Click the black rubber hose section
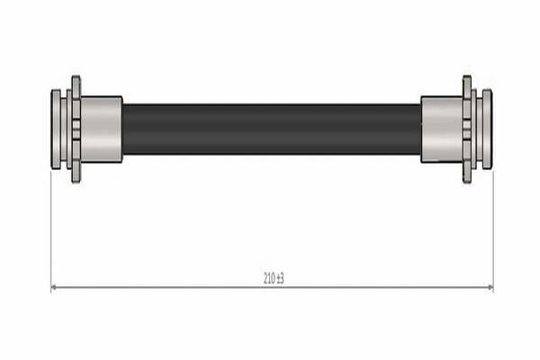pos(272,129)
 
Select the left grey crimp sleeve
pos(102,130)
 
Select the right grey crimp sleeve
pos(442,130)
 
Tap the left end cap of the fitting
pos(56,130)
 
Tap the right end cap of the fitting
pos(487,130)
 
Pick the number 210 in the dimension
pos(269,278)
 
